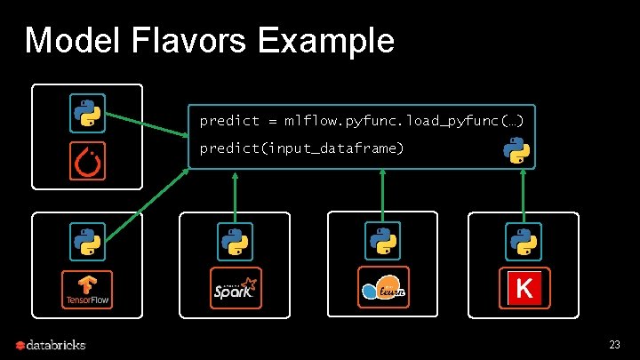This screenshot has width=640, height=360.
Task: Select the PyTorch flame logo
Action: pos(87,161)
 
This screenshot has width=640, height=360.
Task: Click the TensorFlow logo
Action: pos(87,290)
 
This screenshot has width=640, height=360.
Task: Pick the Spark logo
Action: pos(236,288)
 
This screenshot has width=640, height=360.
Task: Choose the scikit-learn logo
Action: pos(383,288)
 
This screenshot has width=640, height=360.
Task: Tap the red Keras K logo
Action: pos(524,288)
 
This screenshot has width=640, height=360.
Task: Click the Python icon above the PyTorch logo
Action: pos(87,113)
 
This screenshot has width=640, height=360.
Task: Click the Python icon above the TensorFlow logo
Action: pos(87,241)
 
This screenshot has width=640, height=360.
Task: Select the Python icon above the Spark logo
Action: pos(235,241)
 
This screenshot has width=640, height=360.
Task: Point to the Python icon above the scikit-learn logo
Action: pos(382,241)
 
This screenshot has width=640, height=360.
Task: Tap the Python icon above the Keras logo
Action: pos(524,241)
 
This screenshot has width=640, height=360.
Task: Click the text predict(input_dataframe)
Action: pos(301,148)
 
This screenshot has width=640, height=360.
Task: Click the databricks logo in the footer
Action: pos(50,344)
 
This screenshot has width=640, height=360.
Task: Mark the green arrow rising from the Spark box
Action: pos(235,191)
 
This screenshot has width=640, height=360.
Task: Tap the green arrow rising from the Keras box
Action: pos(524,191)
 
